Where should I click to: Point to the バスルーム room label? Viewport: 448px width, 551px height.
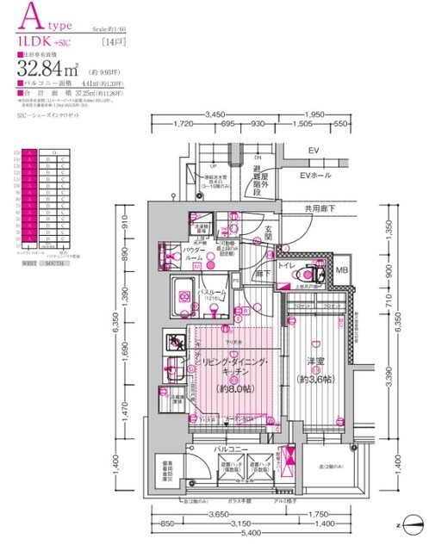click(211, 293)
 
